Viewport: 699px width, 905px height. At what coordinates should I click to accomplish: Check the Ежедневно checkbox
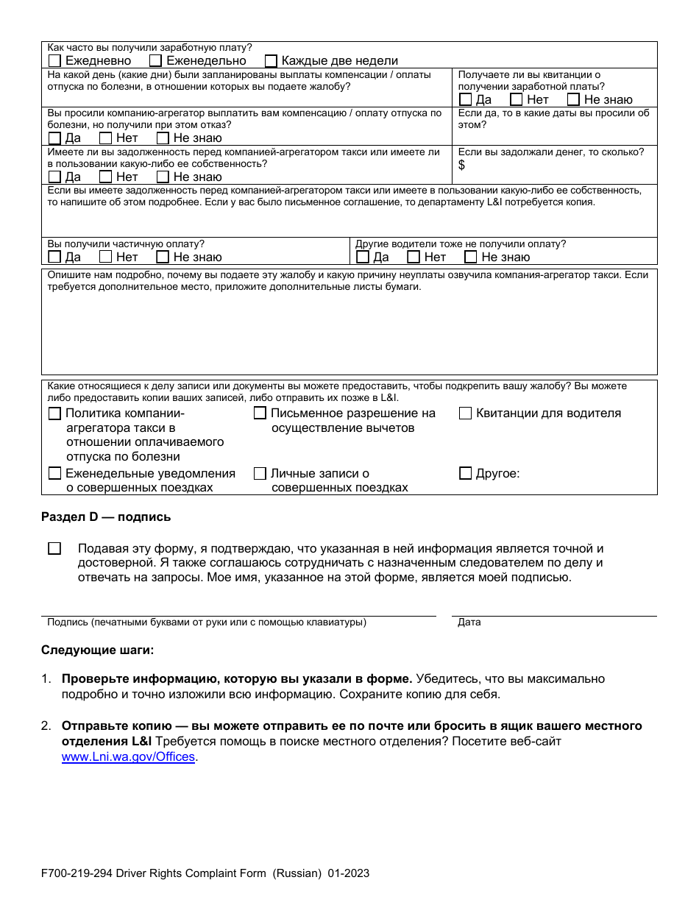54,61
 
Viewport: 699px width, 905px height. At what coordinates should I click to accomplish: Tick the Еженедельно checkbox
155,61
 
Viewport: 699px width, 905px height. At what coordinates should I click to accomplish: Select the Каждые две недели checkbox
271,61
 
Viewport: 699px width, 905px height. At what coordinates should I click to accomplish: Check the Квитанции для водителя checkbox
465,414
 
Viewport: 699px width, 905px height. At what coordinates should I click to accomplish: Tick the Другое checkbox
465,473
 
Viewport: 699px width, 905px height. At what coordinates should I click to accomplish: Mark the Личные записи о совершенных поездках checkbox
260,473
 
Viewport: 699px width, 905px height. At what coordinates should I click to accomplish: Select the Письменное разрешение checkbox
260,414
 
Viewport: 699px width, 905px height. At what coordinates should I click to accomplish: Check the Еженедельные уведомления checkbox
54,473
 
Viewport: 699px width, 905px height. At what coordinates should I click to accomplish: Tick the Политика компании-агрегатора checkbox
54,414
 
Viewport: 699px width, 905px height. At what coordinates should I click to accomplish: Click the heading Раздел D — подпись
106,517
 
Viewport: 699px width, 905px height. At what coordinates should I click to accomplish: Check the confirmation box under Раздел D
54,548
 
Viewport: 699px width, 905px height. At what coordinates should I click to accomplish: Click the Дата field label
469,622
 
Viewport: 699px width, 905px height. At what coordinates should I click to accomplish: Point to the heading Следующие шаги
98,650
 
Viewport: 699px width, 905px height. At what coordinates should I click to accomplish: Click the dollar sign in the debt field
461,165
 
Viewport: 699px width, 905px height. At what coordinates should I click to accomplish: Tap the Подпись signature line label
206,622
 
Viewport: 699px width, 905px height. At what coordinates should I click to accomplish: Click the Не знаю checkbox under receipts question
573,99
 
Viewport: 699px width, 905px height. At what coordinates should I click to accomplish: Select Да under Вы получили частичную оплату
54,257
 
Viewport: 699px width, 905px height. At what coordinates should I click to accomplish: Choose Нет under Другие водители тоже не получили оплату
414,257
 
